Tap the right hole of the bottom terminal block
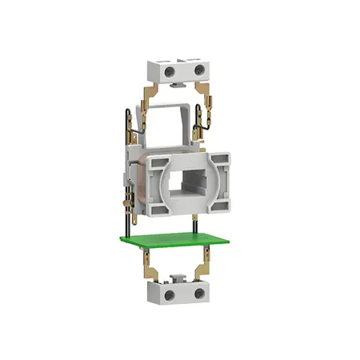click(x=197, y=294)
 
